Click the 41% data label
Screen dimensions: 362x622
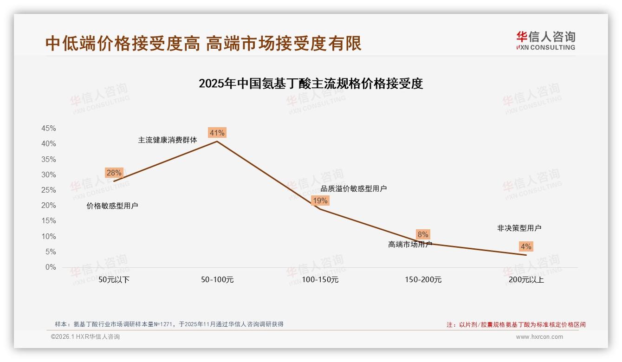217,133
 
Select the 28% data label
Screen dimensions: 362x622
114,173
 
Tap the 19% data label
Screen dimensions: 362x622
320,200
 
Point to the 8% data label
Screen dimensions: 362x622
422,235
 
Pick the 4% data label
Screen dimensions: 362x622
525,246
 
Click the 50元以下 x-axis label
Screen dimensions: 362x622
114,280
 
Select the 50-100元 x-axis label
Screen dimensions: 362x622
217,280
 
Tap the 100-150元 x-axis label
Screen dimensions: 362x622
320,280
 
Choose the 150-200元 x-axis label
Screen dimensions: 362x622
423,280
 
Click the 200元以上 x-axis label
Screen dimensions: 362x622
526,280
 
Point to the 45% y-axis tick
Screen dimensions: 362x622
49,129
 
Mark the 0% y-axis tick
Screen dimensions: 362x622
51,267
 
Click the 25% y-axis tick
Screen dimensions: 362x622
49,190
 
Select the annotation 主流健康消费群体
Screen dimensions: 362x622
168,140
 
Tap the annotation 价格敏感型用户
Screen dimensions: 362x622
112,206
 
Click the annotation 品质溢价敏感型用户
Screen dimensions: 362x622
354,188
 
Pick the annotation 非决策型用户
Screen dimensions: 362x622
519,228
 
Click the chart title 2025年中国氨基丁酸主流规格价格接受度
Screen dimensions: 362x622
311,84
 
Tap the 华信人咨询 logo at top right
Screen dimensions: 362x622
545,40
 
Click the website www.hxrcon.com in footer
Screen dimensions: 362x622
539,337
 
